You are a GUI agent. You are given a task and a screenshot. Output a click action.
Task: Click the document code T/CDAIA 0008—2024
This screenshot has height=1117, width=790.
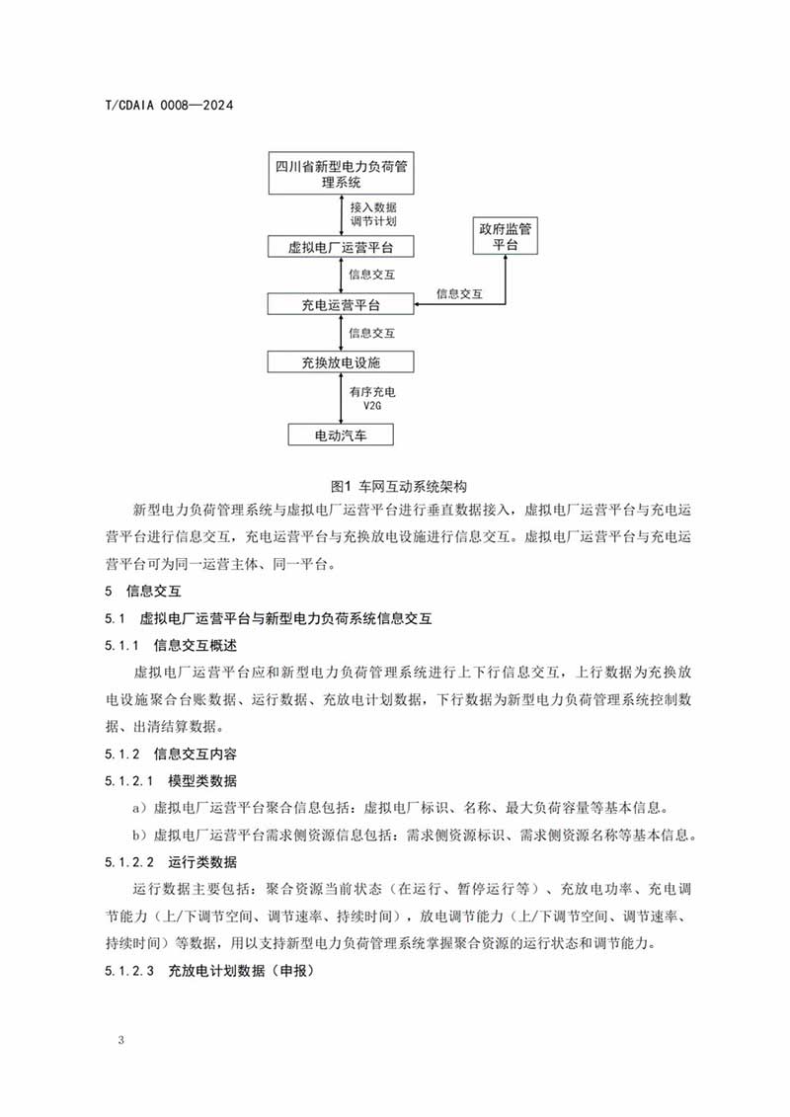pyautogui.click(x=168, y=102)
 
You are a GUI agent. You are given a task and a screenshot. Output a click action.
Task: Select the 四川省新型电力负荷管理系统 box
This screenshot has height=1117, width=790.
pyautogui.click(x=342, y=174)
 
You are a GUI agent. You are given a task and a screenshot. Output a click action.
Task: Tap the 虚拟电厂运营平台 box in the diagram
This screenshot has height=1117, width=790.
pyautogui.click(x=341, y=246)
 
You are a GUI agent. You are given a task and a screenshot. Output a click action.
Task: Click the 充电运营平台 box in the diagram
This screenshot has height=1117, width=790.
pyautogui.click(x=341, y=305)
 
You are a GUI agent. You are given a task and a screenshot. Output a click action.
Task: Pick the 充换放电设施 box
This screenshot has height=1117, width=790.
pyautogui.click(x=341, y=362)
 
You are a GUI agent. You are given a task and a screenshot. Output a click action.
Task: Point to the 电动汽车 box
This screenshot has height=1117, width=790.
pyautogui.click(x=341, y=435)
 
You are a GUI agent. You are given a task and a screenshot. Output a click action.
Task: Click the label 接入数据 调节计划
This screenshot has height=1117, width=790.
pyautogui.click(x=372, y=214)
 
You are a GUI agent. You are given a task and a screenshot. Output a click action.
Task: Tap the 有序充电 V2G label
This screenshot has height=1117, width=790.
pyautogui.click(x=371, y=398)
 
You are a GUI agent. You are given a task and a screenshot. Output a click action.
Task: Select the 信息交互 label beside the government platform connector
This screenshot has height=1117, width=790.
pyautogui.click(x=459, y=293)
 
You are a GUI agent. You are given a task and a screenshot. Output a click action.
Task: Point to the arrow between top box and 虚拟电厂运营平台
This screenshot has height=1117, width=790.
pyautogui.click(x=341, y=214)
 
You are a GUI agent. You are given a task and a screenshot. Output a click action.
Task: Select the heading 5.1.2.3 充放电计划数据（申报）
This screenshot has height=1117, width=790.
pyautogui.click(x=207, y=971)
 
